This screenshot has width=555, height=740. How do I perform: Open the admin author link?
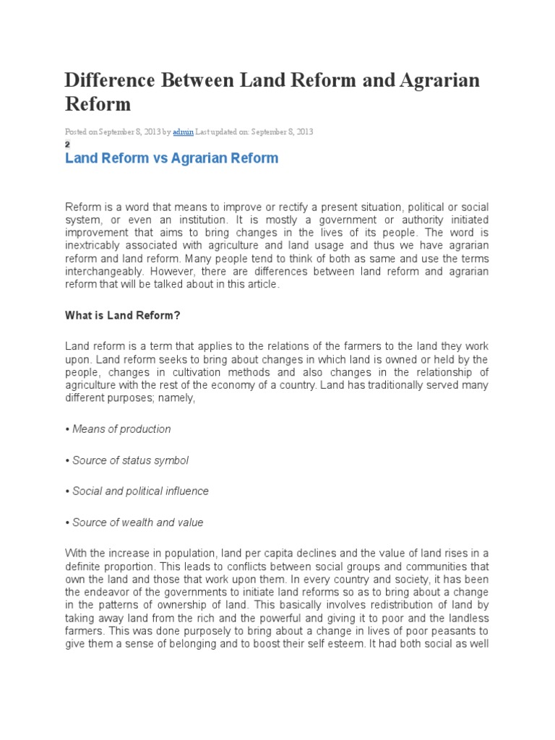(x=184, y=132)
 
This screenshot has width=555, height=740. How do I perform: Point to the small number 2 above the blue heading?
(x=67, y=144)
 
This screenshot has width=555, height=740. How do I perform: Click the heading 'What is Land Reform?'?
(x=122, y=316)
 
